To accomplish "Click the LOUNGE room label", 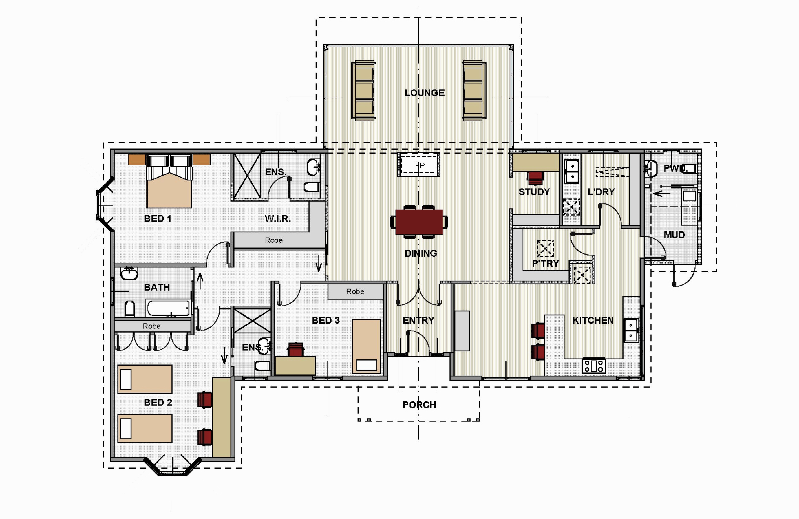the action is click(x=424, y=93).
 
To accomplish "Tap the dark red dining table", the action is click(x=419, y=222).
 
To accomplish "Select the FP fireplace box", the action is click(x=419, y=164).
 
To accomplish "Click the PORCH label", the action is click(x=419, y=405).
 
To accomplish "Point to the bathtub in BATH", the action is click(x=168, y=308).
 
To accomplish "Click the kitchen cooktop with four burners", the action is click(x=594, y=366).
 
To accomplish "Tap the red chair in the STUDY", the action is click(x=535, y=178).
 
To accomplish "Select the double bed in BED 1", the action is click(x=169, y=182).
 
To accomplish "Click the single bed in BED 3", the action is click(x=366, y=346).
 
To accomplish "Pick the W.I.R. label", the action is click(x=278, y=219).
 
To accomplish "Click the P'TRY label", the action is click(x=545, y=263).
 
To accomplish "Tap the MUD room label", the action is click(x=674, y=235).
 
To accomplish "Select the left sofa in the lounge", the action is click(x=364, y=90).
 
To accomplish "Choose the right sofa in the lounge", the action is click(x=474, y=90).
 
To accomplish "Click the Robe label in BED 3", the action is click(x=355, y=292).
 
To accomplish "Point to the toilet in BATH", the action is click(x=130, y=309).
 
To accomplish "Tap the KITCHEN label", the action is click(x=593, y=321).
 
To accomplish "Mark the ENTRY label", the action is click(x=418, y=321).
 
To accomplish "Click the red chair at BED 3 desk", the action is click(x=295, y=349).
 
